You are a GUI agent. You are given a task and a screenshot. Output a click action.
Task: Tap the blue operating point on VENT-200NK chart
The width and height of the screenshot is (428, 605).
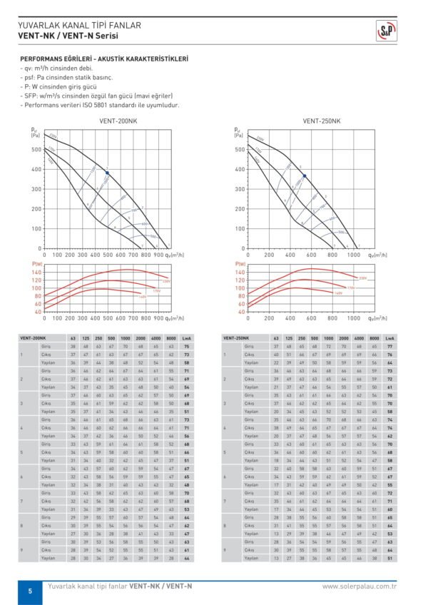[x=107, y=173]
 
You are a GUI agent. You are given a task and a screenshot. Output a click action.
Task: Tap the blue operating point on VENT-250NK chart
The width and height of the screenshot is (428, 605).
[x=305, y=176]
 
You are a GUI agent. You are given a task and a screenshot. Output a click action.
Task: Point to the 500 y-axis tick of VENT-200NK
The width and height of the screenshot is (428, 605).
[x=36, y=150]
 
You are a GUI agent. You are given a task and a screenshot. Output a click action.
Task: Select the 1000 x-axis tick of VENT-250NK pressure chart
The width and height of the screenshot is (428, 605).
[x=353, y=255]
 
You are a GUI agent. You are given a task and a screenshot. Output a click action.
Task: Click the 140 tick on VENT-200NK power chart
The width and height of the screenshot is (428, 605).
[x=37, y=272]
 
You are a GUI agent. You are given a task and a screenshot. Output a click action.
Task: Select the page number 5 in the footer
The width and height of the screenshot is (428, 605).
[x=30, y=591]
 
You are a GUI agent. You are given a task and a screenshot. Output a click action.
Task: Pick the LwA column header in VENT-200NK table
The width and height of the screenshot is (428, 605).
[x=186, y=337]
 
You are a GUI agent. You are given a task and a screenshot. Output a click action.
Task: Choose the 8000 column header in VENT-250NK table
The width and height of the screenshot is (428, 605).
[x=374, y=337]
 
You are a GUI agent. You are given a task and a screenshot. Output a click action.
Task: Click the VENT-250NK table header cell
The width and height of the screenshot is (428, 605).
[x=237, y=337]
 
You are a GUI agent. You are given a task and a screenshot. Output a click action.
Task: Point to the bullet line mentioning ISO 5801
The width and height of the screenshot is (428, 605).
[x=100, y=105]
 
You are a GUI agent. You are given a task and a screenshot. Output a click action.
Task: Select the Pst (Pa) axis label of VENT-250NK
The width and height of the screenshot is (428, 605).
[x=238, y=132]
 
